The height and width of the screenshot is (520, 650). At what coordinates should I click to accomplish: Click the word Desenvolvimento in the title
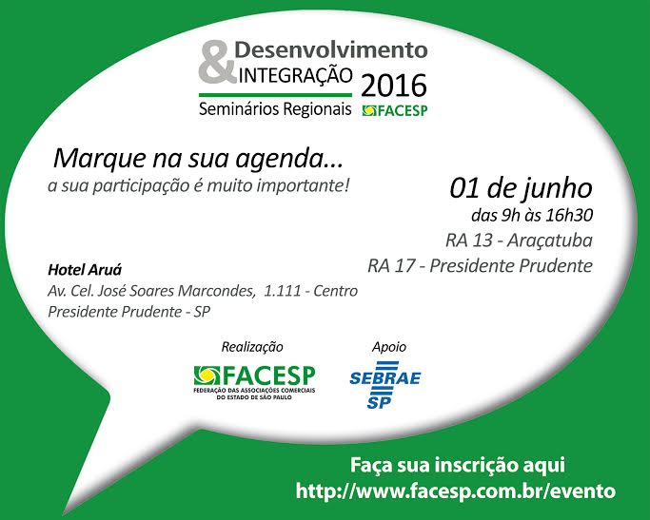[331, 50]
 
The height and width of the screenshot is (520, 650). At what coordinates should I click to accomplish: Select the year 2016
[393, 86]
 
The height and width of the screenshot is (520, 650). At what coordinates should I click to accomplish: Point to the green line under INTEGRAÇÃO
[275, 95]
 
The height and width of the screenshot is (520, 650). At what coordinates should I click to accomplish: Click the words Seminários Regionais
[275, 109]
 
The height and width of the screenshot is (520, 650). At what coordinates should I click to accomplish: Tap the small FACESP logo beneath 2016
[395, 110]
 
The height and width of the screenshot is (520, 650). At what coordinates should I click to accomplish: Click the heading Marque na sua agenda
[198, 159]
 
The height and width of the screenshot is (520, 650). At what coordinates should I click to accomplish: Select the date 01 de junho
[522, 188]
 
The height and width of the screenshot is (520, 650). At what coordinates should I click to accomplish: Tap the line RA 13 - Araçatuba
[519, 241]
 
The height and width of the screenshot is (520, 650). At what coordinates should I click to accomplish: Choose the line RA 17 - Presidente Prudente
[480, 266]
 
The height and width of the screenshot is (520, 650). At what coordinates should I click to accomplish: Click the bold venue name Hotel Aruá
[85, 270]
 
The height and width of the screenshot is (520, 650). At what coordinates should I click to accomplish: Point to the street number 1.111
[283, 291]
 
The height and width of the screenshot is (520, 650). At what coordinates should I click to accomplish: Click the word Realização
[252, 347]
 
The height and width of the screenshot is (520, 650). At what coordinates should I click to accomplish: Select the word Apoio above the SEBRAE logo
[389, 347]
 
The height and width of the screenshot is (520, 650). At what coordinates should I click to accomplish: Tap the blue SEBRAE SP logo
[385, 385]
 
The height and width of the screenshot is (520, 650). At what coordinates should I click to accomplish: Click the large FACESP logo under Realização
[254, 382]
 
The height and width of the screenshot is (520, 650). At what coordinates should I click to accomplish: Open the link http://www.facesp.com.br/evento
[456, 491]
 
